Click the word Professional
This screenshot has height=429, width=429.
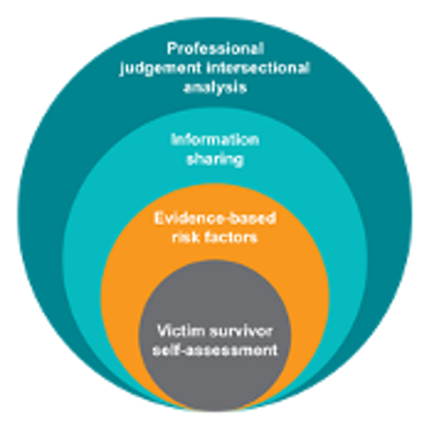point(215,49)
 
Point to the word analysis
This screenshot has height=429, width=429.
point(215,88)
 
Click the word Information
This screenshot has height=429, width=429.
point(215,140)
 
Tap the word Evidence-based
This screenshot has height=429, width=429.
point(215,218)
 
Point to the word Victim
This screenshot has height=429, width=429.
point(180,331)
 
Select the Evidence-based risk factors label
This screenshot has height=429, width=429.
point(215,228)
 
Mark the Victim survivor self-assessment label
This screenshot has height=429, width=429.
point(215,341)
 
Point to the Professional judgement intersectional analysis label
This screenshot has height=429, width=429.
point(215,68)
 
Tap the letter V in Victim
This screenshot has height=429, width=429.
point(162,331)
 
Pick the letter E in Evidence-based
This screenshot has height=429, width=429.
point(158,218)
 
